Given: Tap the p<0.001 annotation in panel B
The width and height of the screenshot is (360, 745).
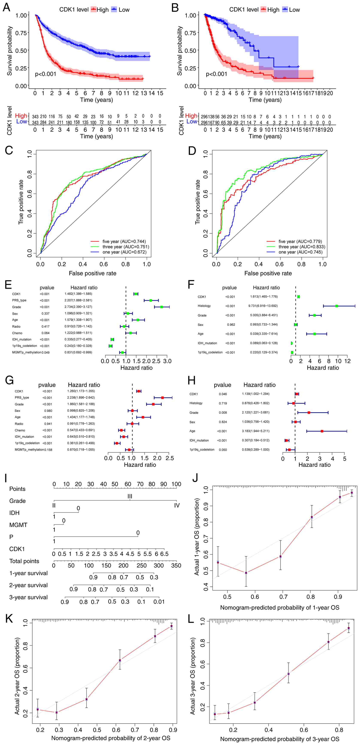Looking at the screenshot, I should [216, 74].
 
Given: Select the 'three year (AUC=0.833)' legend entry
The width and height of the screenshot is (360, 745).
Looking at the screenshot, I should [302, 247].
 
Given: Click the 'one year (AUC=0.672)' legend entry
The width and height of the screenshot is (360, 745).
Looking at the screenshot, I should [124, 252].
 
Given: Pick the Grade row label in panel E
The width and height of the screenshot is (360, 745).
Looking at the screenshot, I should [17, 307].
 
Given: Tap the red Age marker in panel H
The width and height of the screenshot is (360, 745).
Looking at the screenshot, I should [322, 431].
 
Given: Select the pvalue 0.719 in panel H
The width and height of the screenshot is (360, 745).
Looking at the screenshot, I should [223, 403].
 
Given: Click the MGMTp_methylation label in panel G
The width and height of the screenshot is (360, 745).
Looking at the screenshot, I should [29, 449].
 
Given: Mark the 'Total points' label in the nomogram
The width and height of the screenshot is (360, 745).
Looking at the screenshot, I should [24, 561].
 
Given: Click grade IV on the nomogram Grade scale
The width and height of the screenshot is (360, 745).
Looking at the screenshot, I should [177, 505].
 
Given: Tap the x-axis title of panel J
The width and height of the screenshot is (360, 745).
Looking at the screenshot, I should [280, 608].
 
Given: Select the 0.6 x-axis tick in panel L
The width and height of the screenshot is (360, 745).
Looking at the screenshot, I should [304, 730].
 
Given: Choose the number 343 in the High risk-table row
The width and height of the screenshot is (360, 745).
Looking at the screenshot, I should [35, 117].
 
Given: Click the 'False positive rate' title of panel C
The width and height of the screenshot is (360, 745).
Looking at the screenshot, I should [92, 273].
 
